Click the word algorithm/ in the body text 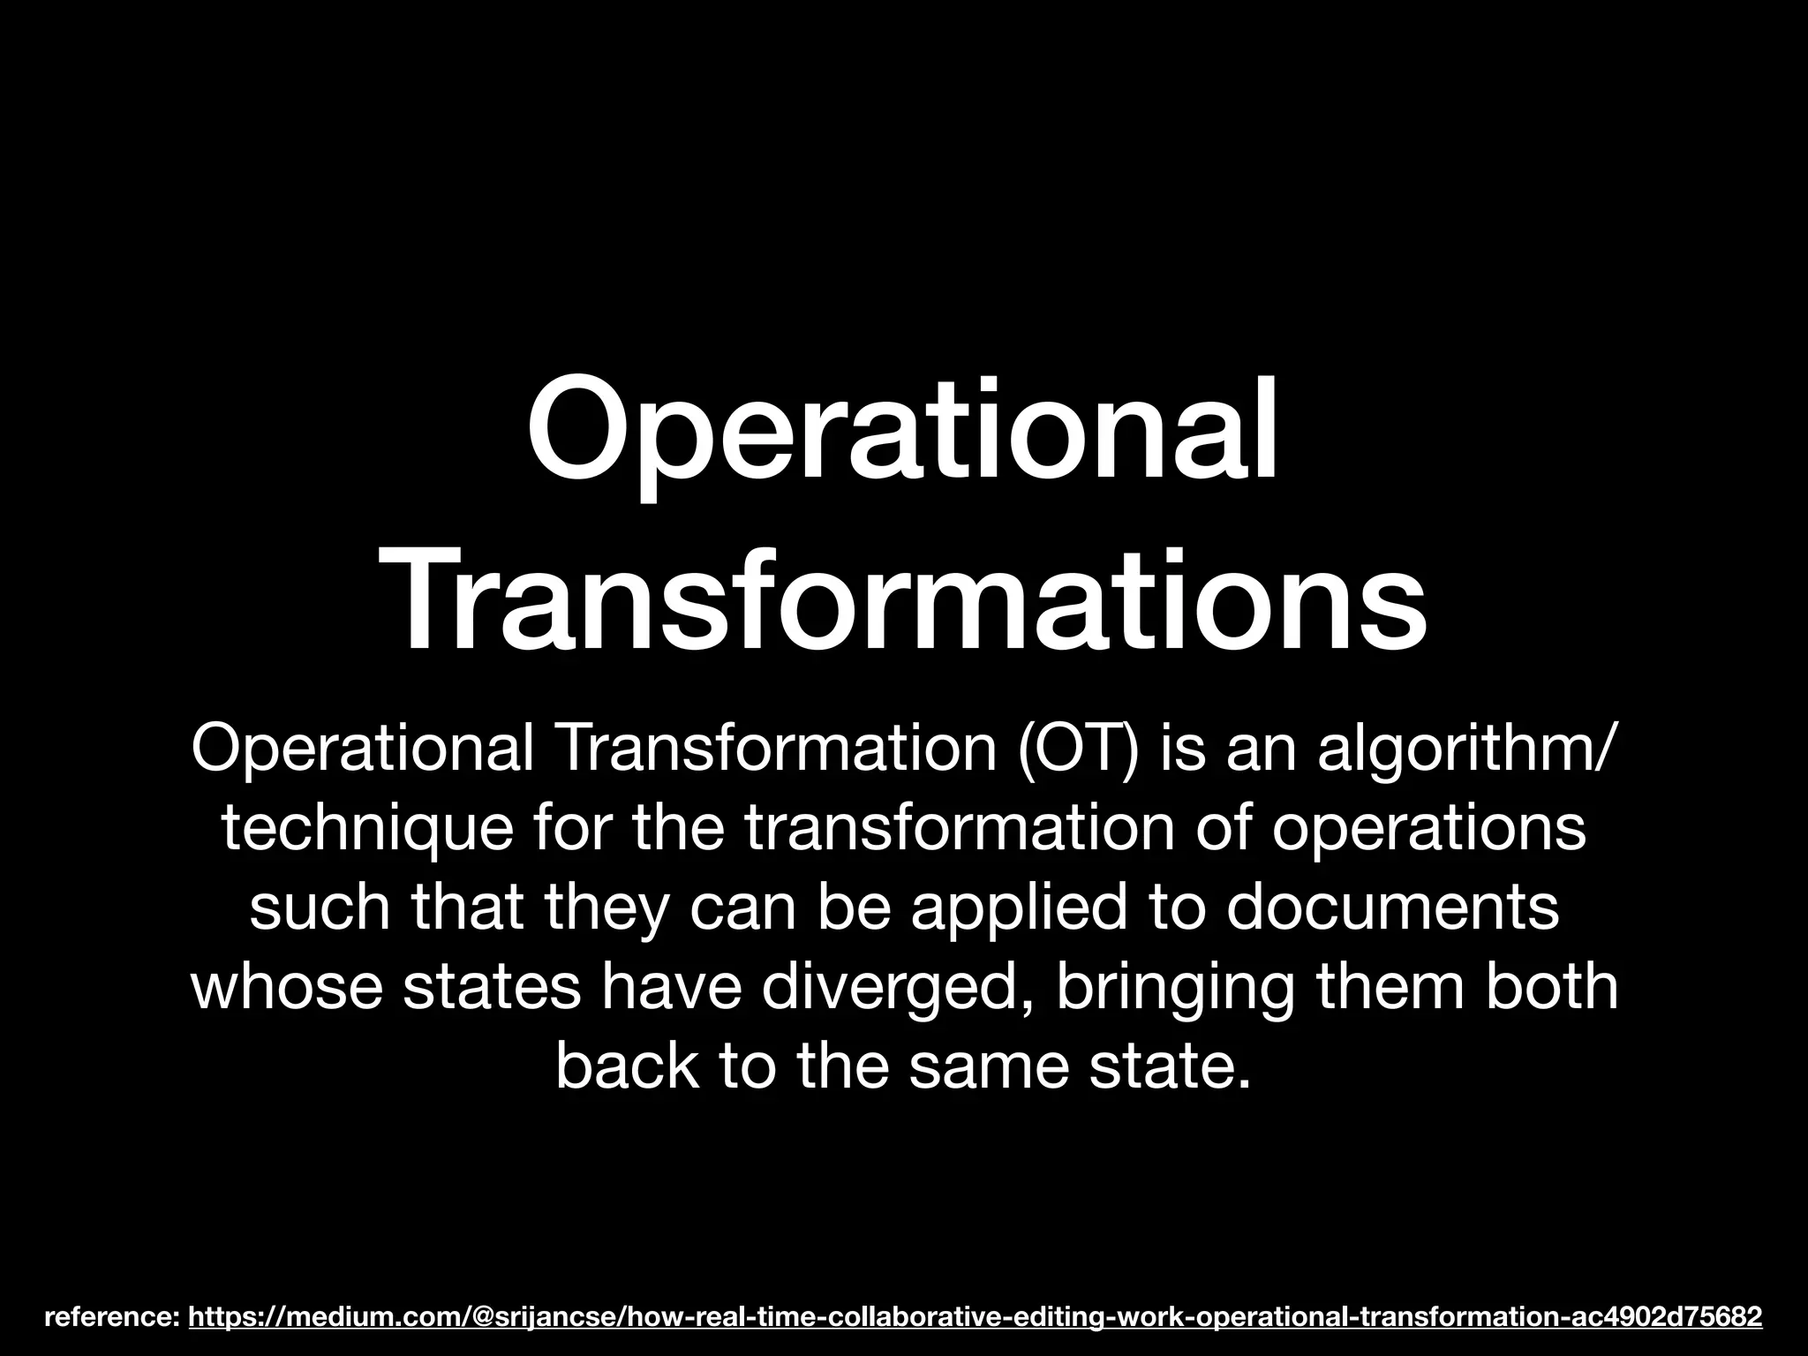click(1466, 753)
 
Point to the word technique click(365, 831)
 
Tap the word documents click(1392, 909)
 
